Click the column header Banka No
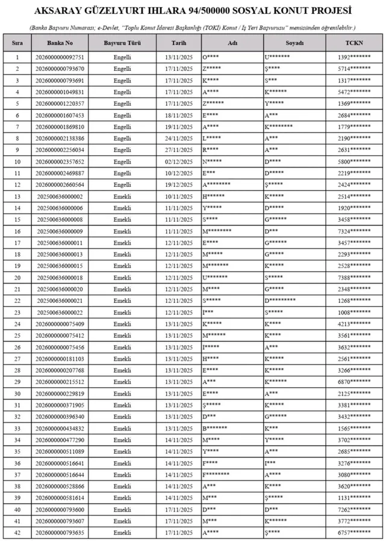60,43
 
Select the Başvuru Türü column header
122,43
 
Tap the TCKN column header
354,43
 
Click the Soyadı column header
295,43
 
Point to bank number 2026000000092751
60,57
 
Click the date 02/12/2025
179,161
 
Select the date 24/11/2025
179,138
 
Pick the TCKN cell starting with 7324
354,231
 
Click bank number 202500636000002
60,196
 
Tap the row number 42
17,533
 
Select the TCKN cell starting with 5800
354,161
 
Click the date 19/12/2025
179,185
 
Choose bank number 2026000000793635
60,533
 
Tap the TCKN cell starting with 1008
354,312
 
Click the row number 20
17,277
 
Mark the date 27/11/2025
179,150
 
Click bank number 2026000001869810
60,126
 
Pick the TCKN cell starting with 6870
354,382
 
